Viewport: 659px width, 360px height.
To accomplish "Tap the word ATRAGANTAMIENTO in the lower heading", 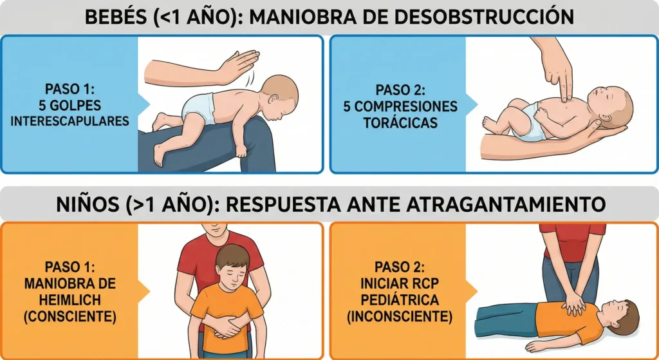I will tap(506, 205).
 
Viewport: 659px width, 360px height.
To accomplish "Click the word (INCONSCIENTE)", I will tap(398, 317).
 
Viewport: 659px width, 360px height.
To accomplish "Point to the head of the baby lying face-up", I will tap(613, 106).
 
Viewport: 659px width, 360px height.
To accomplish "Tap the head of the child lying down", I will tap(622, 316).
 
